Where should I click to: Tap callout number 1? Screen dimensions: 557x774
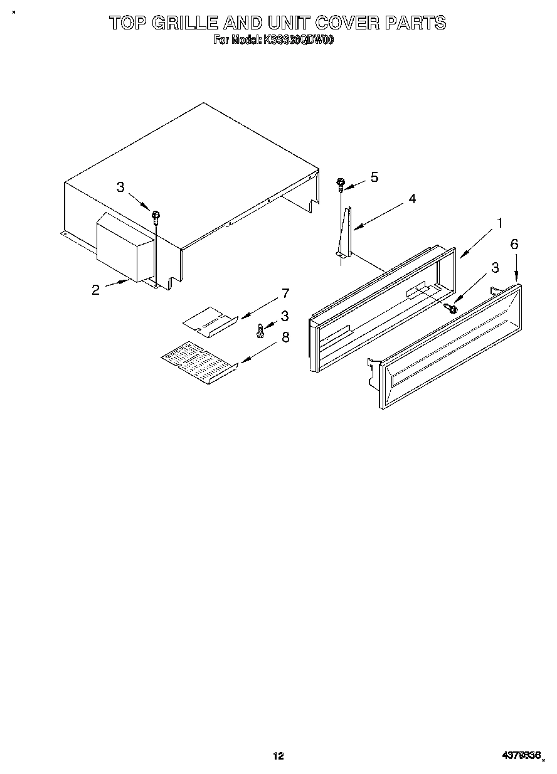[500, 222]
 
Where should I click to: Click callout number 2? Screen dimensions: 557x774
[95, 289]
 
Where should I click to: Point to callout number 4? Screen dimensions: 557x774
[411, 199]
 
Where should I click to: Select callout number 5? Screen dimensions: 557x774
[374, 177]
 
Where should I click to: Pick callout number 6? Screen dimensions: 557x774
[514, 244]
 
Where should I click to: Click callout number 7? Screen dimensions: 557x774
[285, 293]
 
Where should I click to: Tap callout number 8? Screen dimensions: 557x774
[285, 337]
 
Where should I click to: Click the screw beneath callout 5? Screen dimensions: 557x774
[341, 184]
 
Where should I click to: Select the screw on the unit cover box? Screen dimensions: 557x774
[155, 216]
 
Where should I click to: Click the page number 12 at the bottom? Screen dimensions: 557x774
[278, 756]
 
